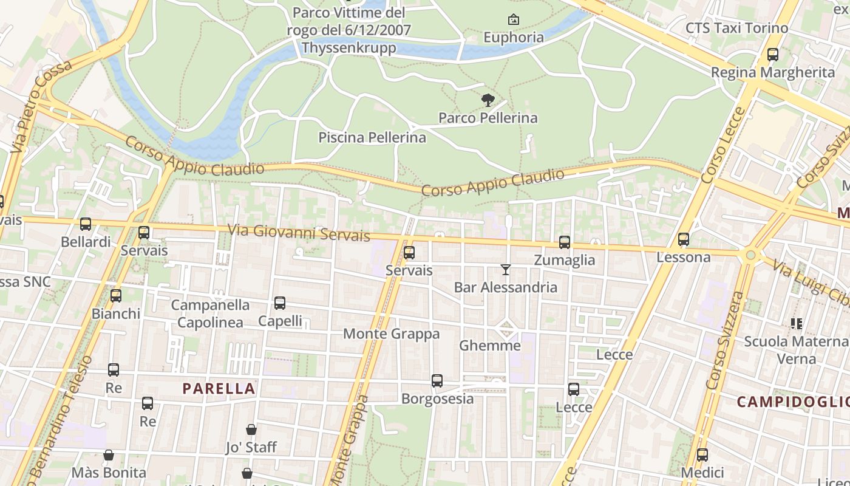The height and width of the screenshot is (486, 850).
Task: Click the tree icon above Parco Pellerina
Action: click(x=488, y=100)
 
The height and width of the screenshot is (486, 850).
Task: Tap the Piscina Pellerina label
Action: click(x=372, y=138)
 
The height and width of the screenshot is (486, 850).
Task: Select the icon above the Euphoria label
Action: click(x=514, y=20)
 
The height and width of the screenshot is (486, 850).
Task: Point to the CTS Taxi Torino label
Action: click(x=736, y=28)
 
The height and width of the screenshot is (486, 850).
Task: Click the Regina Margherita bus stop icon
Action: click(x=773, y=55)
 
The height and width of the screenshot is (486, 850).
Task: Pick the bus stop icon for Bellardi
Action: click(x=86, y=224)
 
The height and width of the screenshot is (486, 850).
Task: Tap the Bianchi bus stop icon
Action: click(x=116, y=296)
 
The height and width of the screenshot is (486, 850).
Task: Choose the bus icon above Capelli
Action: click(x=280, y=303)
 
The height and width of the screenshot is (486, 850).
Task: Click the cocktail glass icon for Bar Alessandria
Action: click(x=505, y=269)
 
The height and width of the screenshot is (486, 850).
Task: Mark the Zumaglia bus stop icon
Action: click(x=565, y=242)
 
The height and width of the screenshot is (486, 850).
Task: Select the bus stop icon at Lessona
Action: click(x=684, y=239)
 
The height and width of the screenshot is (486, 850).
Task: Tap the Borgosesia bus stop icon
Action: click(x=437, y=381)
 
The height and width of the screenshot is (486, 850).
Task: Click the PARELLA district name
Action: click(x=219, y=388)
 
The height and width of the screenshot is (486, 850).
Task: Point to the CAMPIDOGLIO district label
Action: click(x=793, y=402)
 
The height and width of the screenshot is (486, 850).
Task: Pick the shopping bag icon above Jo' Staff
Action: click(x=251, y=430)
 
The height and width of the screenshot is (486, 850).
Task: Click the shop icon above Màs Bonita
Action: click(x=109, y=455)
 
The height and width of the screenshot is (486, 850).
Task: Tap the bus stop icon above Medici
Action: click(x=702, y=454)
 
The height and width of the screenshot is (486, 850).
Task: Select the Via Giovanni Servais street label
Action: click(x=299, y=233)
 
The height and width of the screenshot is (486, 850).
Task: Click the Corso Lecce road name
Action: click(x=722, y=146)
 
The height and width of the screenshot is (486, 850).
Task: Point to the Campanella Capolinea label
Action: click(x=210, y=313)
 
